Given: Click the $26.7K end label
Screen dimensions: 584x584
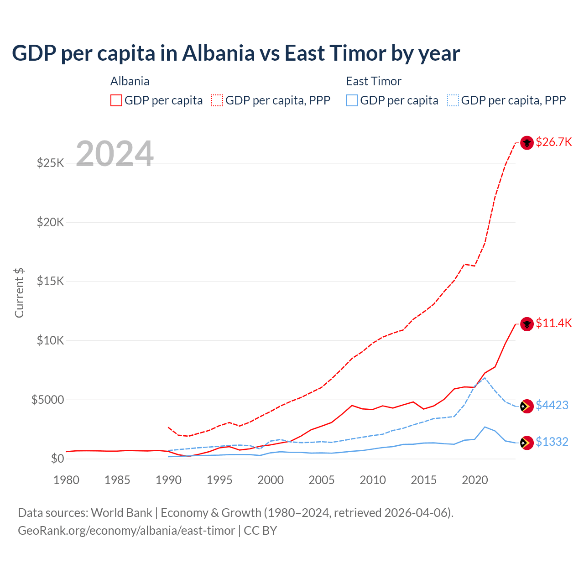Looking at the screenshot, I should coord(553,142).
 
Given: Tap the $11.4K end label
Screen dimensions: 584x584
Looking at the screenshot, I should coord(553,323).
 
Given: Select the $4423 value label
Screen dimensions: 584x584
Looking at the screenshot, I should coord(552,405).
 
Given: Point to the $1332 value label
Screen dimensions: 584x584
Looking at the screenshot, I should coord(552,442).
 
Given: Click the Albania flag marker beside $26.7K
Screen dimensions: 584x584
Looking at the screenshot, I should coord(527,142).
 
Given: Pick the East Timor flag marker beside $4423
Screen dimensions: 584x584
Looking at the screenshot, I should coord(527,406).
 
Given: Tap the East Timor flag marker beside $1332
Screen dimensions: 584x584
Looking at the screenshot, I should coord(527,443).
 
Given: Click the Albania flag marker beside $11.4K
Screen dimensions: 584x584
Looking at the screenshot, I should coord(527,324).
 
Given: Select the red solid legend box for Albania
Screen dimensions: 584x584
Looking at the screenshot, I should coord(116,100).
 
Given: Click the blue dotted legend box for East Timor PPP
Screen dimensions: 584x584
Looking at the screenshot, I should coord(453,100).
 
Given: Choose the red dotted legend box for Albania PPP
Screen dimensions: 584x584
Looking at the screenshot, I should coord(217,100).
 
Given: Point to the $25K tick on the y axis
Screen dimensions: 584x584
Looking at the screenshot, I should coord(51,163).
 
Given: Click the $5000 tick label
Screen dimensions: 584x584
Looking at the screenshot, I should coord(47,400).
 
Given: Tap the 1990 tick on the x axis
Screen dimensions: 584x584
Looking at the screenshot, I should coord(168,480).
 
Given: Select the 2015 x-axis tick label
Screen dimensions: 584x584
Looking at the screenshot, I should coord(423,480).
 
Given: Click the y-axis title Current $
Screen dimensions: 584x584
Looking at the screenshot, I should coord(19,292).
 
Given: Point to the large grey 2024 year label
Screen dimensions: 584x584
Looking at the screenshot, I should coord(115,154).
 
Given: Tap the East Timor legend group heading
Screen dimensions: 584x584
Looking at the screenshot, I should coord(373,81).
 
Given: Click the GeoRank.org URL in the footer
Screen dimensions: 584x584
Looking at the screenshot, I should coord(126,531).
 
